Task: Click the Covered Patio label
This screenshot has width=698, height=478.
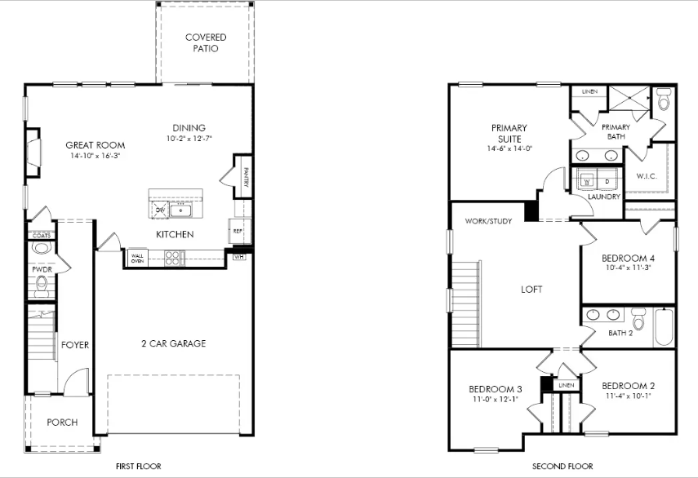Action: point(206,42)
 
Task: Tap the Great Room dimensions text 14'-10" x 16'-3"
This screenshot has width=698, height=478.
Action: point(95,155)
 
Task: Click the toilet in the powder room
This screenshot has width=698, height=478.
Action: point(42,284)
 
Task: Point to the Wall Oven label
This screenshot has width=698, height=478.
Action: point(137,259)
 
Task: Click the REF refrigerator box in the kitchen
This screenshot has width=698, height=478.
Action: point(238,231)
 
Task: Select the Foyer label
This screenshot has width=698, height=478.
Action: point(75,345)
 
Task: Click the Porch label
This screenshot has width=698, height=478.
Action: point(62,423)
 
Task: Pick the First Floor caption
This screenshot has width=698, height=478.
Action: point(138,467)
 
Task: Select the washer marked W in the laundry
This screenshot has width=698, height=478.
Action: point(586,180)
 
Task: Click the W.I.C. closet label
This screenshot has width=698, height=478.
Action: point(646,175)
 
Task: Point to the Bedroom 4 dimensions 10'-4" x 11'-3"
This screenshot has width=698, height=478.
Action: point(628,268)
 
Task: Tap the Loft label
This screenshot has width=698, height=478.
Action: point(531,290)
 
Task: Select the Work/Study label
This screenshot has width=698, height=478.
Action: point(488,221)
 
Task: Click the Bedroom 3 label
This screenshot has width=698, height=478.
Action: point(495,388)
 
